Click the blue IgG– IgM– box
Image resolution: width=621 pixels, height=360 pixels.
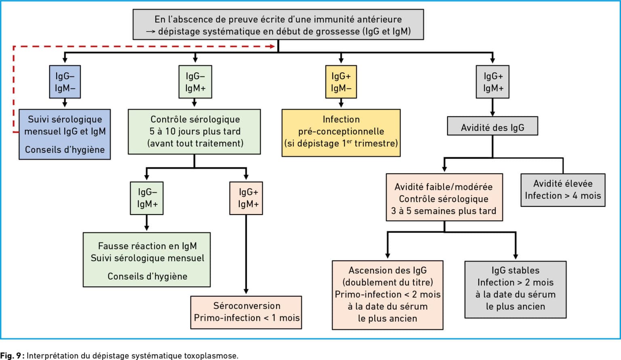coord(65,82)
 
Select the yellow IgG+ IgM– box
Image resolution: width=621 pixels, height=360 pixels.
coord(341,82)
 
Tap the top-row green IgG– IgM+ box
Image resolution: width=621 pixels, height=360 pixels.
coord(195,82)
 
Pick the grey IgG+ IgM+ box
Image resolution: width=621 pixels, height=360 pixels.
coord(493,82)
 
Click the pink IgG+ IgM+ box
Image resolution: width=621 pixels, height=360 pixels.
coord(246,198)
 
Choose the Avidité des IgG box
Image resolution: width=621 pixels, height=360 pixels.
coord(493,126)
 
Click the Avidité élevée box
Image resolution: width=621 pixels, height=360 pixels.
coord(563,190)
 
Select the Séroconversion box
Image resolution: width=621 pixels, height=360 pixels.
coord(246,312)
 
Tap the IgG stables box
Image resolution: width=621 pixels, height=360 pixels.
coord(515,290)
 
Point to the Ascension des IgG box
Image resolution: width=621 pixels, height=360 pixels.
coord(388,295)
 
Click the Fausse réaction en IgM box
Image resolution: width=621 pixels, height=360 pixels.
coord(147,260)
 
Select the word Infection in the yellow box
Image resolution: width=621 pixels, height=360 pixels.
coord(341,119)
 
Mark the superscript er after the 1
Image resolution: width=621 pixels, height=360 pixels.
coord(349,141)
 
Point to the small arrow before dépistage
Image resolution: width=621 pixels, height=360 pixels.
coord(150,32)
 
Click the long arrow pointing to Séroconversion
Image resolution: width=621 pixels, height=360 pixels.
coord(246,254)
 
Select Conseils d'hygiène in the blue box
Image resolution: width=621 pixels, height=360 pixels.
coord(65,149)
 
